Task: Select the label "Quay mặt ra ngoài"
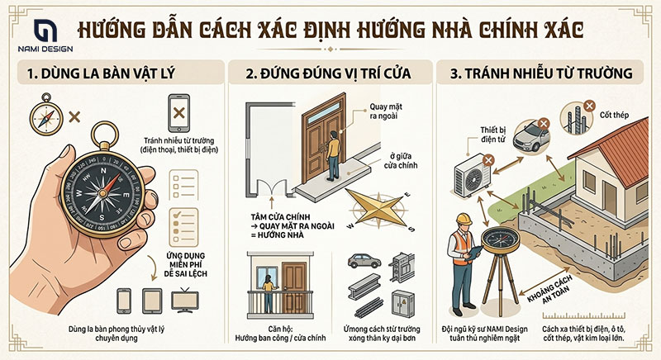click(x=388, y=121)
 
